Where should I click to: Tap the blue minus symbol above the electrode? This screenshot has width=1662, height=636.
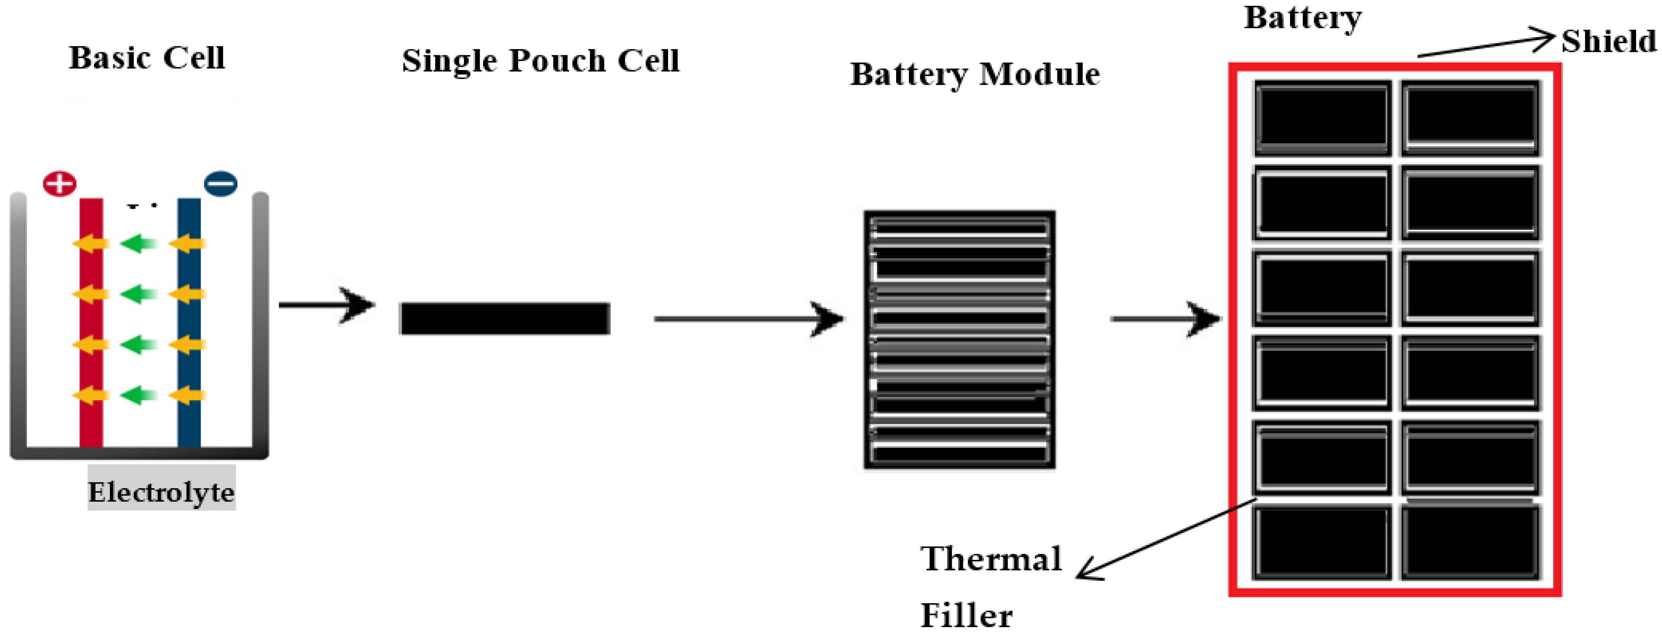221,183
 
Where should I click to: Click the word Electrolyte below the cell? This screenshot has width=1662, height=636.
161,492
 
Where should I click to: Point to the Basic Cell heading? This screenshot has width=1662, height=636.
147,58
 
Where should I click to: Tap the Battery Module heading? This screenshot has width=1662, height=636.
975,74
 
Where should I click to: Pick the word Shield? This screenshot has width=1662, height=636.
1608,42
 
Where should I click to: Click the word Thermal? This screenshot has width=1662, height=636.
991,559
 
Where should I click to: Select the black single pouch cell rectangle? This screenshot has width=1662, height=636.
505,318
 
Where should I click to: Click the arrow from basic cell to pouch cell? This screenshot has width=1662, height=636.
327,305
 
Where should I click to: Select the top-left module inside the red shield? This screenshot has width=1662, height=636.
1323,118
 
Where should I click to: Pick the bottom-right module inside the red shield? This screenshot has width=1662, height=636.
1470,542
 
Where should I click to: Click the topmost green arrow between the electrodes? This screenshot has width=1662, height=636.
139,243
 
